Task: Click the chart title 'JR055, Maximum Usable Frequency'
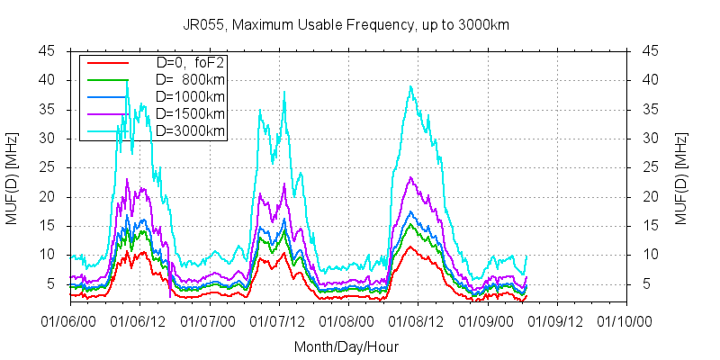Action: click(359, 25)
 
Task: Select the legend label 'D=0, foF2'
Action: click(190, 63)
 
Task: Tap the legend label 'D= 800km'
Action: click(190, 80)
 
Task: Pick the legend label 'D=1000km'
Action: click(190, 97)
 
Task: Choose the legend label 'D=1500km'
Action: click(190, 114)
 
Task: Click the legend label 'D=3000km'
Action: click(190, 131)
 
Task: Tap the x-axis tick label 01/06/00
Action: click(70, 319)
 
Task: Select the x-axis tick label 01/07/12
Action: click(279, 319)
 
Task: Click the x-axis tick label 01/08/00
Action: click(348, 319)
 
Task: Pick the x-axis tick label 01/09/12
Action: click(557, 319)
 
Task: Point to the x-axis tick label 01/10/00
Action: click(626, 319)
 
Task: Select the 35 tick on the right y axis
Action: click(649, 109)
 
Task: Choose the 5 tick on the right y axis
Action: click(645, 283)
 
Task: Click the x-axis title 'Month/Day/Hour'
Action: click(346, 346)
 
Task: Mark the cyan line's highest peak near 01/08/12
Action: click(410, 86)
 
